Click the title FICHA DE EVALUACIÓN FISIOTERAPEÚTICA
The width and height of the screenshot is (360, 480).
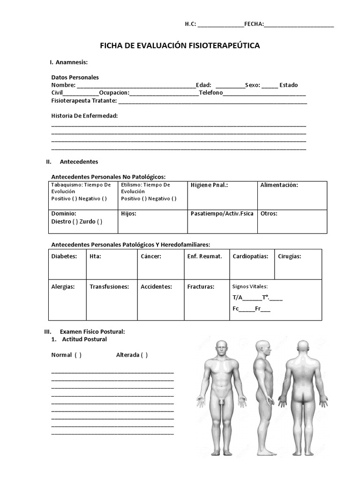(180, 45)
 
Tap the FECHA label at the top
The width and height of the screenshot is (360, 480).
(254, 24)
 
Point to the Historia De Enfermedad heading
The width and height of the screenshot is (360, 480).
(84, 115)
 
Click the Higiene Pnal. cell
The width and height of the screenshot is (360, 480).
(222, 195)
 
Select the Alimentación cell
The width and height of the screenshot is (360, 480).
(292, 195)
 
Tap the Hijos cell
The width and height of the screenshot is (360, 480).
(152, 221)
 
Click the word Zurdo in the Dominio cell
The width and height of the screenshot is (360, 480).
(88, 221)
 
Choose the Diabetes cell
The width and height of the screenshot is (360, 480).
(67, 264)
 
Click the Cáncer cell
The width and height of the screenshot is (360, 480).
(160, 264)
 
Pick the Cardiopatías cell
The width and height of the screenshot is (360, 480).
(252, 264)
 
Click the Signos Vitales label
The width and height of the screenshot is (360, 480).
(250, 286)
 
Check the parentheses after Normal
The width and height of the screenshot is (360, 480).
(78, 355)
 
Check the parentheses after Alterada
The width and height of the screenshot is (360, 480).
(144, 355)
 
